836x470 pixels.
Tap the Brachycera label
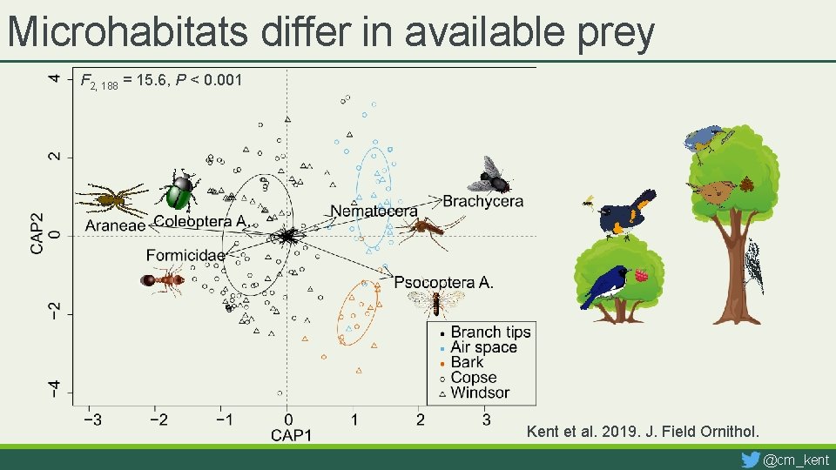(483, 202)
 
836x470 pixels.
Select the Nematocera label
(374, 211)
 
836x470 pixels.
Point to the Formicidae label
(185, 255)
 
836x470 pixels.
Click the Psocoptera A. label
(443, 281)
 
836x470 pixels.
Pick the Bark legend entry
(467, 362)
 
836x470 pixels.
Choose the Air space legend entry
(483, 347)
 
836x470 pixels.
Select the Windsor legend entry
(480, 393)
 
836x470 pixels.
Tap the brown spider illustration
(111, 198)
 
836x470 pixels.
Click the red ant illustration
(163, 280)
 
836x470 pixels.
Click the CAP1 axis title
(291, 434)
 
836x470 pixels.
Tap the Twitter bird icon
(750, 459)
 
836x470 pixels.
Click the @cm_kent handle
(796, 460)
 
